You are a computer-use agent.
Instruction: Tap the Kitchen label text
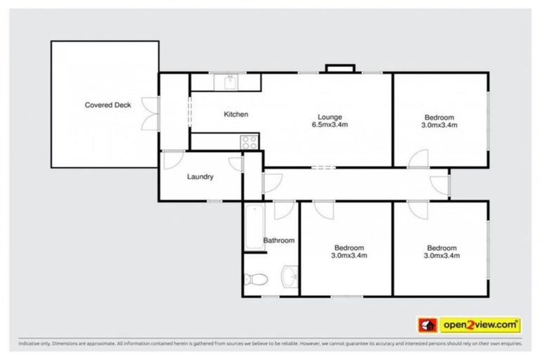[x=236, y=114]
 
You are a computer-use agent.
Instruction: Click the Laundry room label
[x=200, y=176]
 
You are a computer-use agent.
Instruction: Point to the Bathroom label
[x=278, y=240]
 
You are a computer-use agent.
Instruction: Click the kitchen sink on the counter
[x=229, y=82]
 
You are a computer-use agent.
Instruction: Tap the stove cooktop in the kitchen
[x=250, y=141]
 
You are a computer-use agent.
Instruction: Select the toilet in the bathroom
[x=256, y=280]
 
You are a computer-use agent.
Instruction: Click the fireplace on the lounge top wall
[x=340, y=69]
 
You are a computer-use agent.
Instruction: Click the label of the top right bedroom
[x=439, y=121]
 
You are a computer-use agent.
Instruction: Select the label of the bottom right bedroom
[x=442, y=252]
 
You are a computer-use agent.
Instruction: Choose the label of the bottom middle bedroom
[x=348, y=251]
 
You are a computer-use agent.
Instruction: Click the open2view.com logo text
[x=480, y=324]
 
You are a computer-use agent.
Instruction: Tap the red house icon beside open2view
[x=426, y=325]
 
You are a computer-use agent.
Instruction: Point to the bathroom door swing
[x=284, y=210]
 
